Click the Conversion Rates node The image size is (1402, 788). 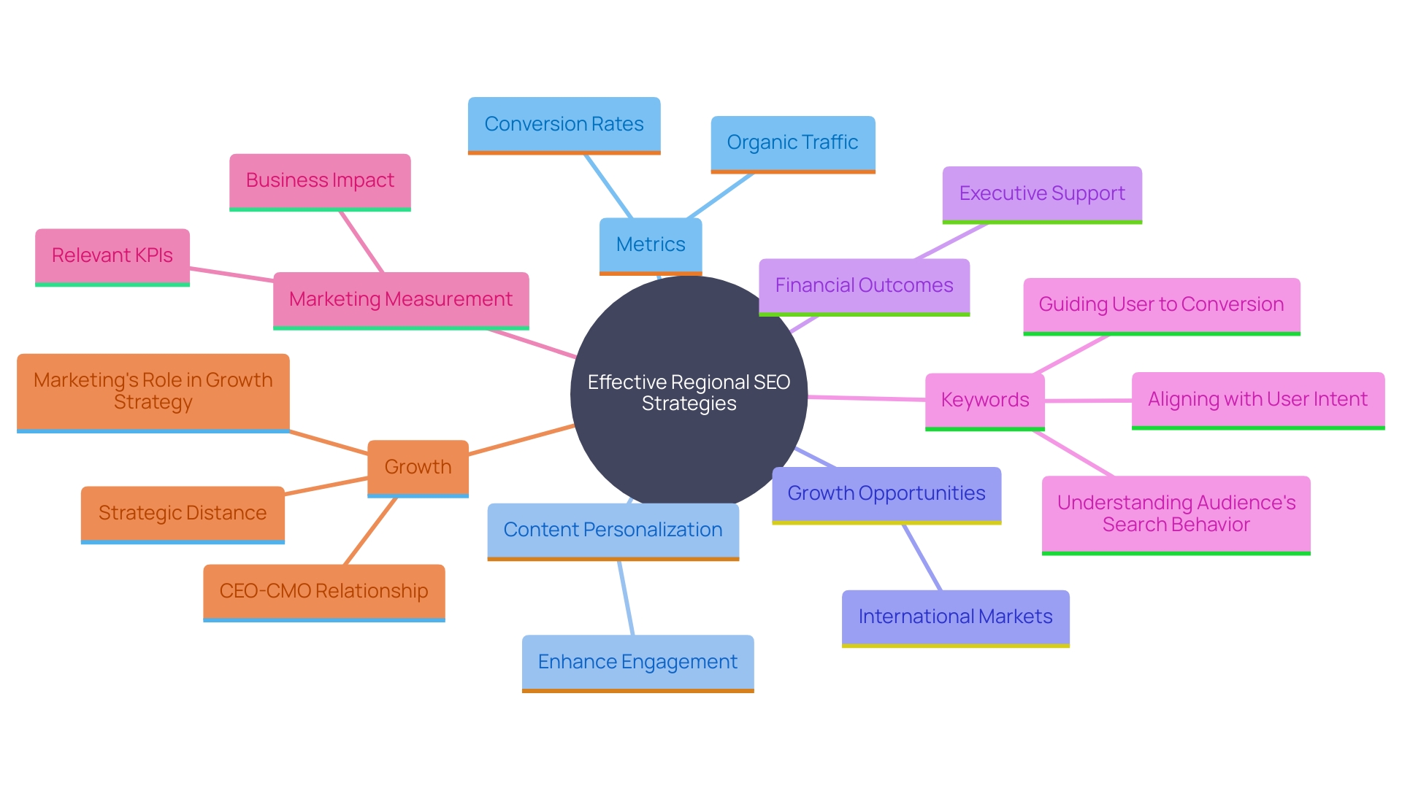564,125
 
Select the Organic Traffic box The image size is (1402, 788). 792,143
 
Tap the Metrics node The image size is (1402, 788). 650,245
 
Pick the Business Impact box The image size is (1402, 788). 320,181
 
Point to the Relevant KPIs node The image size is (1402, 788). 112,256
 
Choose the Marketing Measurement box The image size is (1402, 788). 401,300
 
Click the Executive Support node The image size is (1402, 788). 1041,194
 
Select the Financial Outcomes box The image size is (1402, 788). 864,286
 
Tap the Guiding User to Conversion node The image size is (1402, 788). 1161,305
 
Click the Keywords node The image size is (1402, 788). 984,401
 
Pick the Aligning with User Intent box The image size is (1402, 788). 1257,400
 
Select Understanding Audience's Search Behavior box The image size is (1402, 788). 1176,514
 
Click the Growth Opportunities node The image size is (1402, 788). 886,494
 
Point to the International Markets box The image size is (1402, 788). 955,617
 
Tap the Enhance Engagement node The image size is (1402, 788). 637,663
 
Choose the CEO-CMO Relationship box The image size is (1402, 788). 323,592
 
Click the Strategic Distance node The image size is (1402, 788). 183,514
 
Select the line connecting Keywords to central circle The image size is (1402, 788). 866,398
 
